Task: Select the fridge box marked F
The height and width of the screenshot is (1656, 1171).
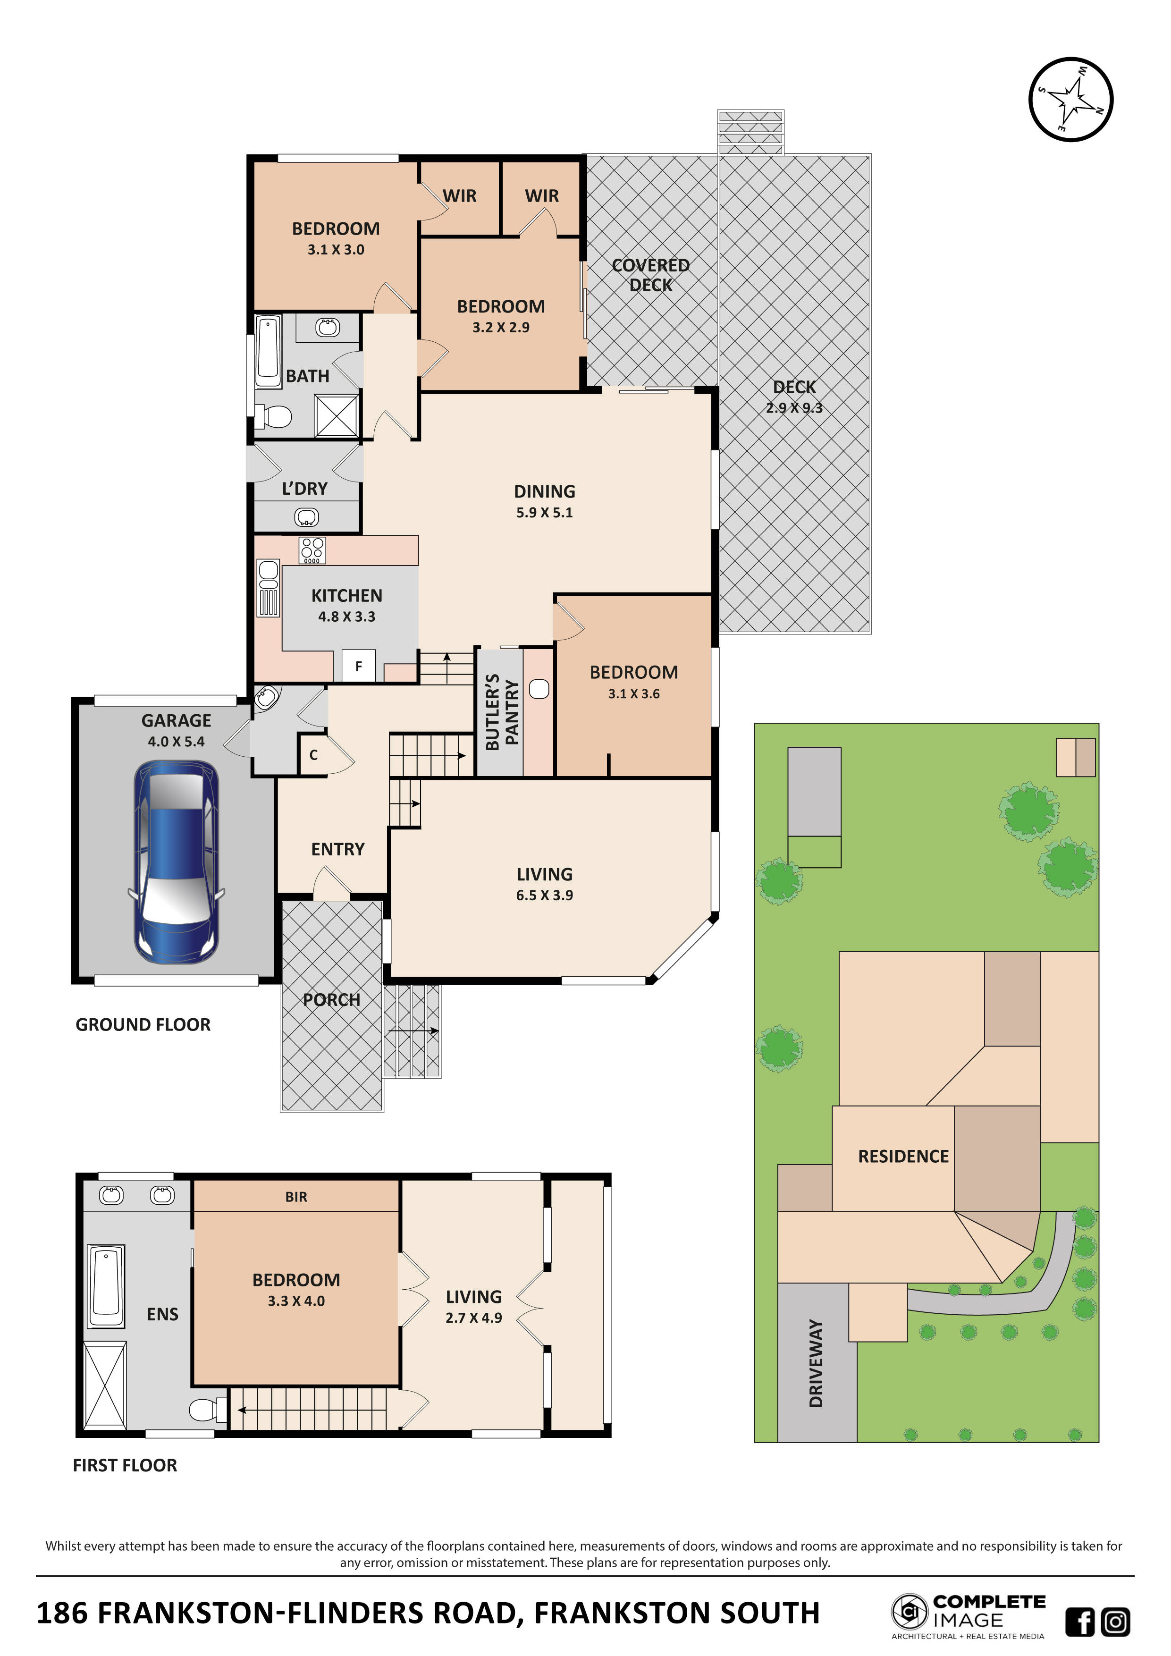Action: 358,667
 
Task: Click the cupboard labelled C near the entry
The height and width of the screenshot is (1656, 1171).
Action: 314,755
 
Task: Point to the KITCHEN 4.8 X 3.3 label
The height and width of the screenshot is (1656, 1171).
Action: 347,605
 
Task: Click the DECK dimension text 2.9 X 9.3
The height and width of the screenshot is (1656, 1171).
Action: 794,407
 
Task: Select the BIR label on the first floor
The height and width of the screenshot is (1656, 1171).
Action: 296,1197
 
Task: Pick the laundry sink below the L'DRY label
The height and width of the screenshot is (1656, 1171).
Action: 306,517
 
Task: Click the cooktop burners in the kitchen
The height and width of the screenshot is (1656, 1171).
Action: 312,550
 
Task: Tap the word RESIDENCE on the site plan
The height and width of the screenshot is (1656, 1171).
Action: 903,1156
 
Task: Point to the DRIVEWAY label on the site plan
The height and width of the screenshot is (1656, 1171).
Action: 816,1363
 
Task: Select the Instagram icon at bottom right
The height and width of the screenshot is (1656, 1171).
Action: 1115,1622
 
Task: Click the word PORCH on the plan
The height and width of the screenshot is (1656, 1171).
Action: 331,1000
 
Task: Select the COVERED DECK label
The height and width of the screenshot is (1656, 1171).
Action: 650,275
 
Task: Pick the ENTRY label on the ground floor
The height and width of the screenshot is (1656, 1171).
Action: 337,849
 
